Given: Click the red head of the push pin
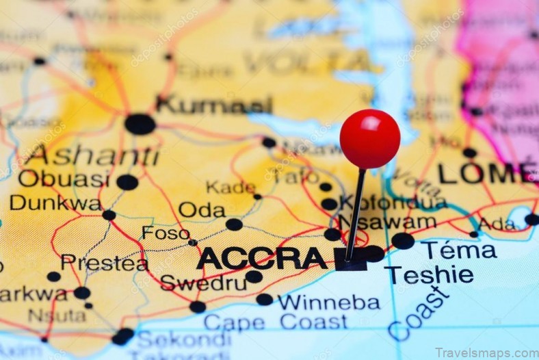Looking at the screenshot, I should pyautogui.click(x=370, y=138).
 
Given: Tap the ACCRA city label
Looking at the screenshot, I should pyautogui.click(x=261, y=259).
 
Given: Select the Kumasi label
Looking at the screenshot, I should pyautogui.click(x=214, y=105).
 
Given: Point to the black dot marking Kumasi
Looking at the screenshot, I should pyautogui.click(x=140, y=124).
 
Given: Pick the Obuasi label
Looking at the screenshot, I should pyautogui.click(x=64, y=179).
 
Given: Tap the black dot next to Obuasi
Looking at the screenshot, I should pyautogui.click(x=127, y=182).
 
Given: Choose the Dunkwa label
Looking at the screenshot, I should pyautogui.click(x=55, y=203).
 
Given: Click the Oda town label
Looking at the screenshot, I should pyautogui.click(x=202, y=210).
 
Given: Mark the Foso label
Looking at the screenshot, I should pyautogui.click(x=166, y=233).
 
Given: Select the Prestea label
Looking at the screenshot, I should pyautogui.click(x=104, y=263).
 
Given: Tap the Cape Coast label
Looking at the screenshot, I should pyautogui.click(x=275, y=322).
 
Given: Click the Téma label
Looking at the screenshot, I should pyautogui.click(x=458, y=250).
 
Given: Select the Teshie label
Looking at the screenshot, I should pyautogui.click(x=429, y=275).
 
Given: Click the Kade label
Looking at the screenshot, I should pyautogui.click(x=231, y=187).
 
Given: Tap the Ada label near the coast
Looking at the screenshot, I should pyautogui.click(x=497, y=224).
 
